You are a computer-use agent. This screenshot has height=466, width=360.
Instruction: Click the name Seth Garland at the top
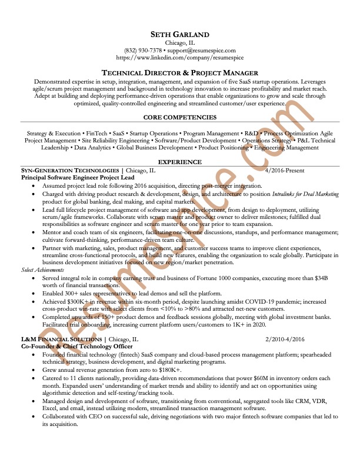click(x=180, y=34)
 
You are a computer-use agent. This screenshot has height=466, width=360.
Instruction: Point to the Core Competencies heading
click(x=179, y=118)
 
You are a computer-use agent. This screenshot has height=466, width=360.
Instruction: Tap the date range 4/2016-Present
click(x=285, y=170)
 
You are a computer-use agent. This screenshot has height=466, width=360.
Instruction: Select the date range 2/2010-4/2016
click(x=285, y=339)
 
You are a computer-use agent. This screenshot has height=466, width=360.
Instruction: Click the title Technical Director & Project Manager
click(x=180, y=72)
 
